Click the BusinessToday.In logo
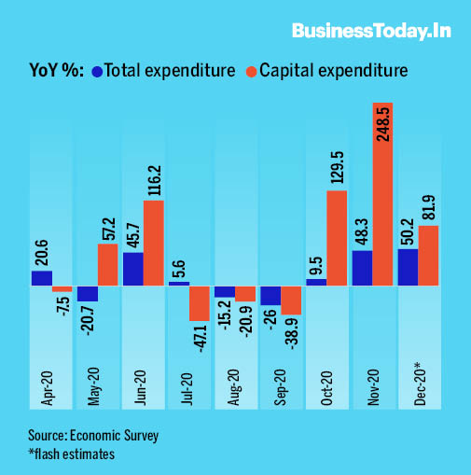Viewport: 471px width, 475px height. click(372, 31)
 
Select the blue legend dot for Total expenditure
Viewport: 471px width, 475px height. click(97, 71)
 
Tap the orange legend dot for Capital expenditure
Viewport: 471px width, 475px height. click(252, 71)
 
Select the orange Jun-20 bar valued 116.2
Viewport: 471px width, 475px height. click(154, 243)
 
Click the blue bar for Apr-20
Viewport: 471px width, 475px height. click(42, 278)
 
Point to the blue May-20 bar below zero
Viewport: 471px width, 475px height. click(88, 293)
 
